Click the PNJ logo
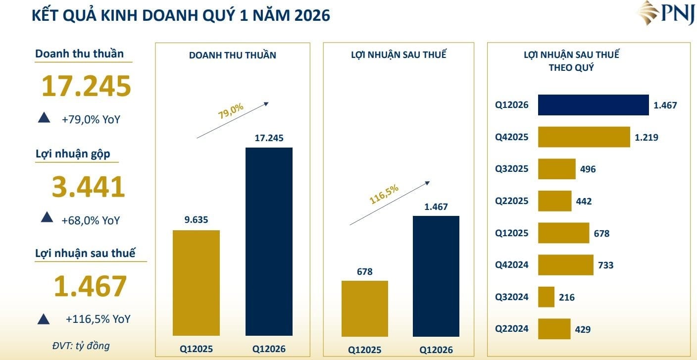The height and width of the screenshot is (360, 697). (666, 13)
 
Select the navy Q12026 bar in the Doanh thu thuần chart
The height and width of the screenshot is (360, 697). (269, 242)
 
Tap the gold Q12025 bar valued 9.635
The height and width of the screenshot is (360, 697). (196, 283)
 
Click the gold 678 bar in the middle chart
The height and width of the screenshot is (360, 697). (365, 309)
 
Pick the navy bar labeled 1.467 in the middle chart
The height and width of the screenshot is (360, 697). (436, 276)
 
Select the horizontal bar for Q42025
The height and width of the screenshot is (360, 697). (584, 137)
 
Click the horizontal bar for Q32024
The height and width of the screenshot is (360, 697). (546, 297)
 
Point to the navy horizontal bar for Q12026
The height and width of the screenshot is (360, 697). (594, 105)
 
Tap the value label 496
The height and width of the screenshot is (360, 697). (588, 169)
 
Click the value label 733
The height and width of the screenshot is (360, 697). (605, 265)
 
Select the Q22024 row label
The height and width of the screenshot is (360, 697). (511, 329)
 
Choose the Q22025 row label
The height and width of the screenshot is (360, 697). (511, 201)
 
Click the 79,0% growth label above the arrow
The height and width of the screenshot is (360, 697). (230, 111)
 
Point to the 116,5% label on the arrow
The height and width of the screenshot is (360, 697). (384, 194)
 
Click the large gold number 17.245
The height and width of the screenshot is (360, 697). (86, 86)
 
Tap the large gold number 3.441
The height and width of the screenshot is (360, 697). (89, 187)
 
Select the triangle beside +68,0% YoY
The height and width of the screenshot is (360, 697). (47, 217)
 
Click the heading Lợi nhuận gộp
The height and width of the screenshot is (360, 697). (73, 154)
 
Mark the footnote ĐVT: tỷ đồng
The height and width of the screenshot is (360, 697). (81, 346)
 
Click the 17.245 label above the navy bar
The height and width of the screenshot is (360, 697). (269, 138)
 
